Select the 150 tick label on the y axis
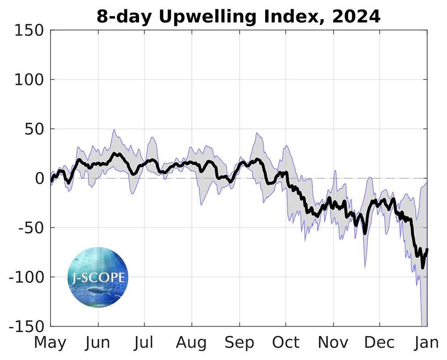pos(28,31)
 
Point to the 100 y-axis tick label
pos(28,80)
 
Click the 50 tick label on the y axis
pos(34,130)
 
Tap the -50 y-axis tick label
pos(30,228)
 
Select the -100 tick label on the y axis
pos(25,277)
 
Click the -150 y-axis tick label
pos(25,327)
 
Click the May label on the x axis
pos(51,343)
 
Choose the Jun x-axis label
pos(98,343)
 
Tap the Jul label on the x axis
pos(144,343)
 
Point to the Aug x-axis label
pos(192,343)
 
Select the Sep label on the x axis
pos(239,343)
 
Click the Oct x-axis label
pos(286,343)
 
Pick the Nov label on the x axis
pos(333,343)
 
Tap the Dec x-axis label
pos(379,343)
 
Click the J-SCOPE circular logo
pos(98,277)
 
